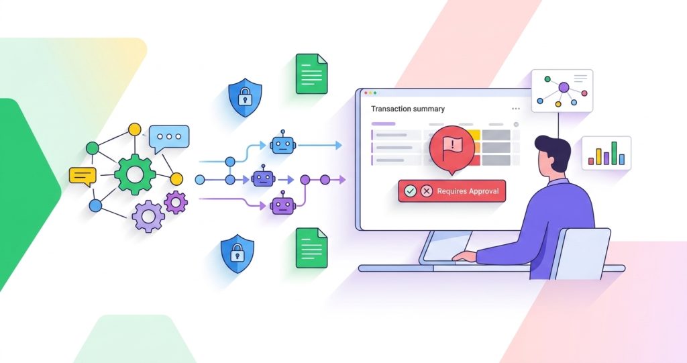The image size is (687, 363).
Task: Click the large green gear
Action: pyautogui.click(x=135, y=174)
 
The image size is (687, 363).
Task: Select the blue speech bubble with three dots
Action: pyautogui.click(x=169, y=138)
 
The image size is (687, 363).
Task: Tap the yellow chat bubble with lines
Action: pyautogui.click(x=83, y=176)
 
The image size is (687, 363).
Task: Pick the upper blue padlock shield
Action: pyautogui.click(x=246, y=97)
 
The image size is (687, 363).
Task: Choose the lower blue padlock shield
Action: pyautogui.click(x=237, y=254)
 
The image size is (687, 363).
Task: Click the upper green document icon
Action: pyautogui.click(x=311, y=74)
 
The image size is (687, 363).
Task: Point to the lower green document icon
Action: pyautogui.click(x=311, y=248)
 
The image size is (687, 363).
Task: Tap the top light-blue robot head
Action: pyautogui.click(x=283, y=144)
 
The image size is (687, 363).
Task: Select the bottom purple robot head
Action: pyautogui.click(x=283, y=204)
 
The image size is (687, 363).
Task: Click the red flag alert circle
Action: pyautogui.click(x=452, y=148)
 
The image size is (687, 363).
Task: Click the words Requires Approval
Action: pyautogui.click(x=468, y=191)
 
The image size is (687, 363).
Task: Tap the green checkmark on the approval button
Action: pyautogui.click(x=410, y=191)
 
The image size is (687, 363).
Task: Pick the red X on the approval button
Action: pyautogui.click(x=426, y=191)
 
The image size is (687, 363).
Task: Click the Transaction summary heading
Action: pyautogui.click(x=408, y=109)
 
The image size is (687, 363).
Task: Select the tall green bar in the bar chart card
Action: pyautogui.click(x=615, y=152)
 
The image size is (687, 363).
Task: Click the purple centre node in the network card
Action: pyautogui.click(x=564, y=88)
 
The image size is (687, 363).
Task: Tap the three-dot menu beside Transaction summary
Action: pyautogui.click(x=516, y=109)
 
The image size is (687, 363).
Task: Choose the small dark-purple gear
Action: pyautogui.click(x=176, y=202)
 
